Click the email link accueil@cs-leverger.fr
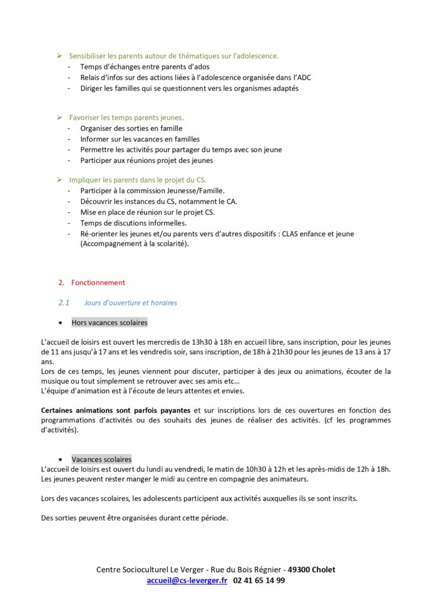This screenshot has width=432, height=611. click(x=187, y=580)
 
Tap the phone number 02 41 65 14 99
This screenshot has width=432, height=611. click(x=259, y=580)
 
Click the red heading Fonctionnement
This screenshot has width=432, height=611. click(x=98, y=282)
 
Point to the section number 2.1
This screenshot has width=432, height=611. click(x=64, y=303)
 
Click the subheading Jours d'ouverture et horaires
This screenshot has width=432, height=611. click(x=131, y=303)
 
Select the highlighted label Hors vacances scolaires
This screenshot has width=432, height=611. click(x=109, y=323)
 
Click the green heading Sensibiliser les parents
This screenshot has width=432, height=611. click(x=174, y=56)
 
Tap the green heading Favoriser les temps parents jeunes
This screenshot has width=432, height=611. click(x=126, y=118)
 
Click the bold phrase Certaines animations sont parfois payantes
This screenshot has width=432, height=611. click(x=116, y=411)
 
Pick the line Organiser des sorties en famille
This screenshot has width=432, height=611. click(x=131, y=128)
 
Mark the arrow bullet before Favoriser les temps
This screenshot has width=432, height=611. click(x=60, y=118)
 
